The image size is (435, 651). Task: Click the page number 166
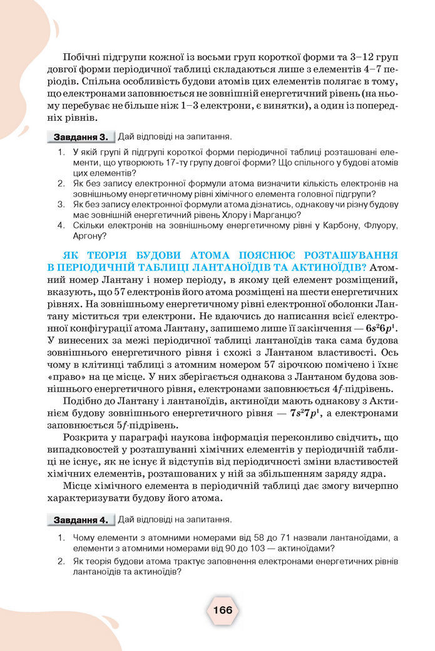(222, 610)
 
